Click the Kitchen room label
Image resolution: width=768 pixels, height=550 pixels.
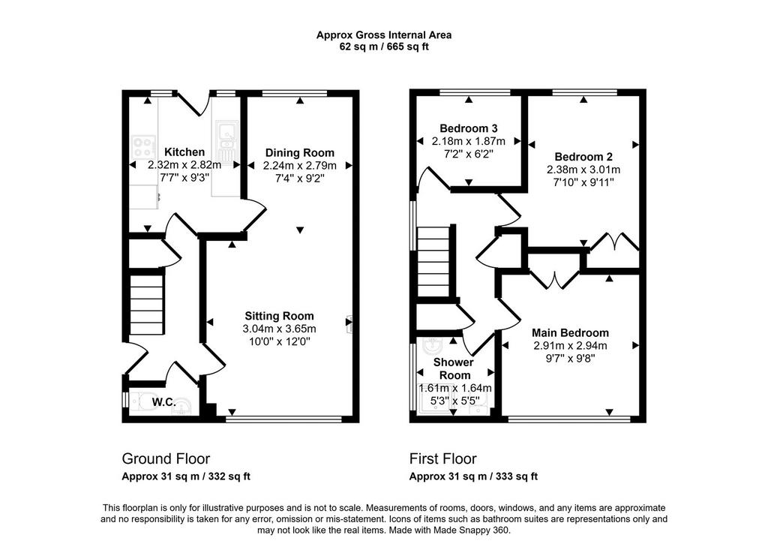184,152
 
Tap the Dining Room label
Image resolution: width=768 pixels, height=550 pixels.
300,153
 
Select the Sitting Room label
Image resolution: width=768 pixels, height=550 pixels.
279,316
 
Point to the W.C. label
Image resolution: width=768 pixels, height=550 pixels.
163,402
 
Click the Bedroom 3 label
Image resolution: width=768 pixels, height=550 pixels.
469,128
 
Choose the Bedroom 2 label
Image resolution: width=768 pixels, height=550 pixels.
583,157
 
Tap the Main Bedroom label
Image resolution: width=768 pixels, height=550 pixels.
570,333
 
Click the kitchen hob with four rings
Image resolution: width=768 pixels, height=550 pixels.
143,146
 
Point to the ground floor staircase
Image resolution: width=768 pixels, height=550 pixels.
146,305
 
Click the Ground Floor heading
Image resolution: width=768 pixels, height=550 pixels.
166,458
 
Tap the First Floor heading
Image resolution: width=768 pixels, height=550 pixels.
442,458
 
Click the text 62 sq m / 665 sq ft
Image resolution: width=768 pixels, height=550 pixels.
384,47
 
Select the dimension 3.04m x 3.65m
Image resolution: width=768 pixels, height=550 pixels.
279,329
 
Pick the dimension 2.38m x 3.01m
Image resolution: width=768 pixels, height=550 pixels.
583,170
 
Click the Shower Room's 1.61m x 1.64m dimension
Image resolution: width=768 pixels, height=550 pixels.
455,388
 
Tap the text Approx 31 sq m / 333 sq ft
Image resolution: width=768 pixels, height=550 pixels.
474,476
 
